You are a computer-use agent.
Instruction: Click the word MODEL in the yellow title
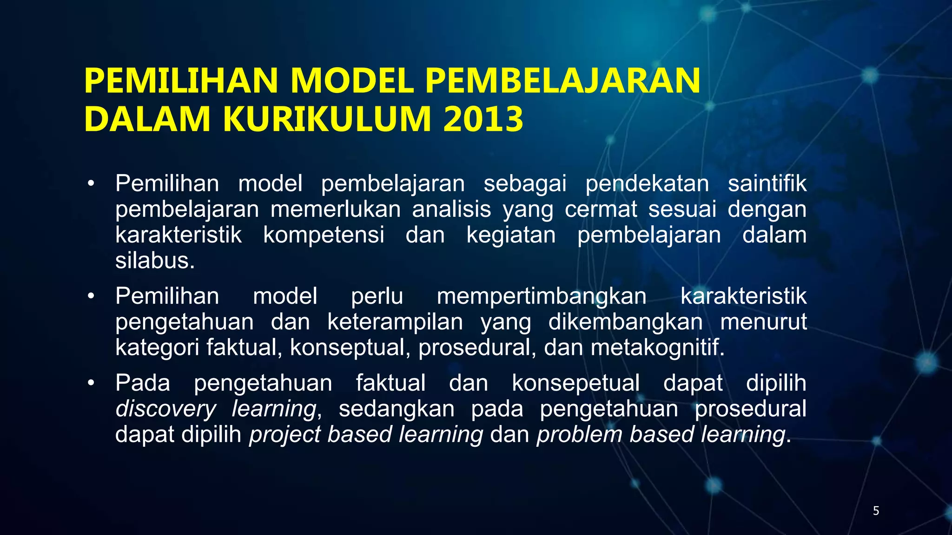pyautogui.click(x=351, y=81)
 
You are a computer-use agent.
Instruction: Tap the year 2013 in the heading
pyautogui.click(x=483, y=119)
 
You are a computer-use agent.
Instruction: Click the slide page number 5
pyautogui.click(x=876, y=511)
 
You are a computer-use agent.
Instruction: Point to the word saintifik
pyautogui.click(x=767, y=183)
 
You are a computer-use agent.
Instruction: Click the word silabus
pyautogui.click(x=155, y=261)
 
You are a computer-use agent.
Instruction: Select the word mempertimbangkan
pyautogui.click(x=542, y=296)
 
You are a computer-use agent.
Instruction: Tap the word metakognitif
pyautogui.click(x=657, y=347)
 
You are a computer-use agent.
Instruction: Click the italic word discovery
pyautogui.click(x=165, y=409)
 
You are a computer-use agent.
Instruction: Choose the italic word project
pyautogui.click(x=285, y=435)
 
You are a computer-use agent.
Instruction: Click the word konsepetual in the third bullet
pyautogui.click(x=575, y=384)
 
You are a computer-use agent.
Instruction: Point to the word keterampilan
pyautogui.click(x=395, y=322)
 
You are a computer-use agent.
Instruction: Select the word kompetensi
pyautogui.click(x=324, y=235)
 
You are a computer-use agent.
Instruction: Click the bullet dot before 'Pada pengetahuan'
pyautogui.click(x=91, y=383)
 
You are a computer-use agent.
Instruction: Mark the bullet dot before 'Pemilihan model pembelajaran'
pyautogui.click(x=91, y=183)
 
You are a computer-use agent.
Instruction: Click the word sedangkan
pyautogui.click(x=397, y=409)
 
